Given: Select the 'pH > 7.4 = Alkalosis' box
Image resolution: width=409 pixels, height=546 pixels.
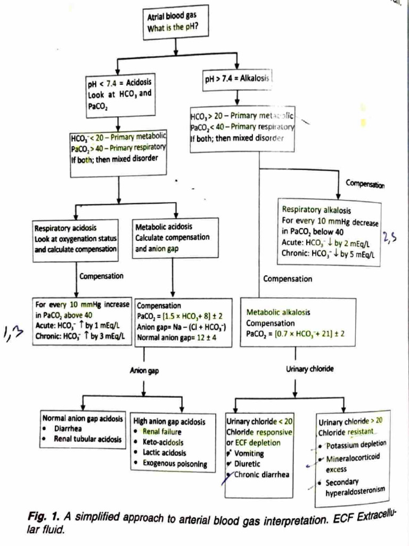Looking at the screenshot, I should [x=238, y=79].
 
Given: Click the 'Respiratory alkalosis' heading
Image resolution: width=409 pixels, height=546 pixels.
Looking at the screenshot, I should [x=316, y=210].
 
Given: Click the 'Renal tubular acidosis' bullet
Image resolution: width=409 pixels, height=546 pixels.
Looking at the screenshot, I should [x=88, y=439].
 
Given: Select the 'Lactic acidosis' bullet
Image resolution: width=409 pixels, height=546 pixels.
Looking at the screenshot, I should [x=165, y=453].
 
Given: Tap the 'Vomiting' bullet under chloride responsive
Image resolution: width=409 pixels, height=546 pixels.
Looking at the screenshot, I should [x=249, y=453].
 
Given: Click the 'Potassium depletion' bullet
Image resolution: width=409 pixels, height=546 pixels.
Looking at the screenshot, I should [x=356, y=445].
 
